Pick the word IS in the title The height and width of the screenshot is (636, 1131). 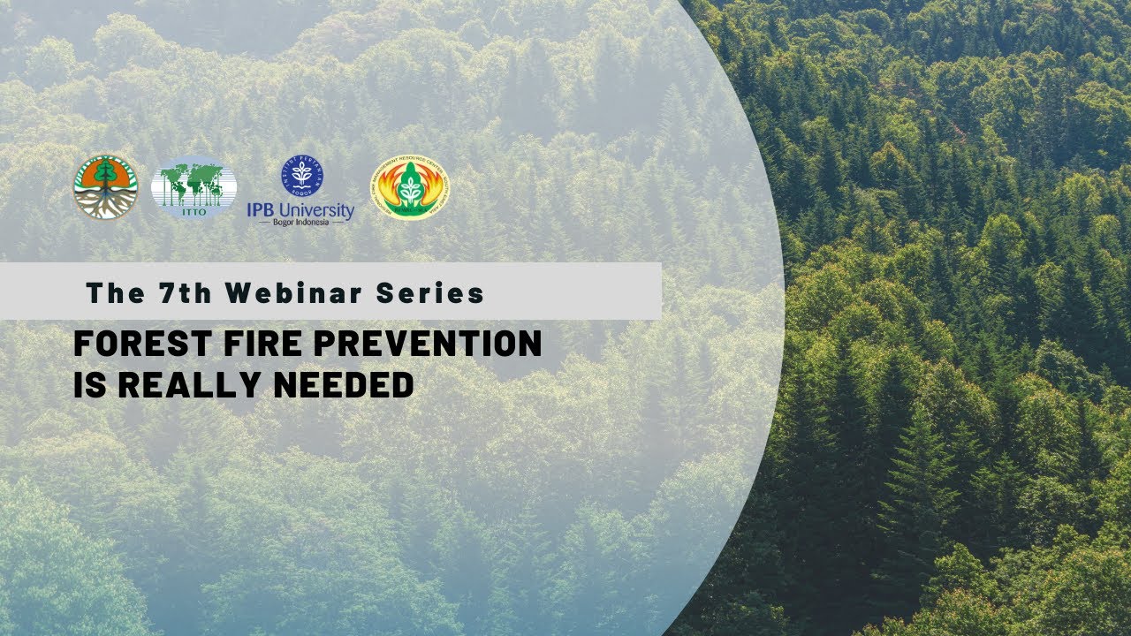pyautogui.click(x=89, y=384)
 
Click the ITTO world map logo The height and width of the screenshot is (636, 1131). pyautogui.click(x=194, y=185)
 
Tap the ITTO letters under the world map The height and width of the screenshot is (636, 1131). pyautogui.click(x=194, y=208)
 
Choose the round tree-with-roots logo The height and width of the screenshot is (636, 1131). pyautogui.click(x=105, y=187)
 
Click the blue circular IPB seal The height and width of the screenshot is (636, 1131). pyautogui.click(x=302, y=175)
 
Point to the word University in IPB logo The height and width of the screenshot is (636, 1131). pyautogui.click(x=319, y=210)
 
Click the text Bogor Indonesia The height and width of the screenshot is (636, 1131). pyautogui.click(x=300, y=222)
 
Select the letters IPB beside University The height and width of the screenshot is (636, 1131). pyautogui.click(x=263, y=210)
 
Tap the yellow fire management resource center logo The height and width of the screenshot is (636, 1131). pyautogui.click(x=409, y=187)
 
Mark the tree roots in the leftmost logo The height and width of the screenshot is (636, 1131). pyautogui.click(x=105, y=206)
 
